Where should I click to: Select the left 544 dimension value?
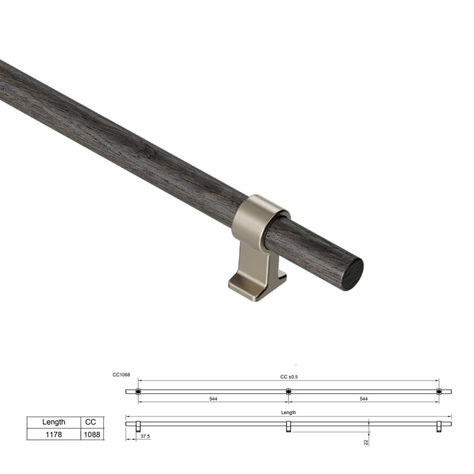click(x=213, y=399)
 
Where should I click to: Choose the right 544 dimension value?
click(x=363, y=399)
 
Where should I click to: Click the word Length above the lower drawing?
click(x=289, y=412)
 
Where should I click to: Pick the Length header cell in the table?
click(x=54, y=422)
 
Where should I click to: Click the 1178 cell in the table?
click(x=54, y=434)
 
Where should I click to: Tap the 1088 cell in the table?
click(x=92, y=434)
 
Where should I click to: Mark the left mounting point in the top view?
click(x=138, y=391)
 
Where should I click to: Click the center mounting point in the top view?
click(x=289, y=391)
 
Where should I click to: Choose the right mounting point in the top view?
click(x=438, y=391)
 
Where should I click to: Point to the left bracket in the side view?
click(x=138, y=427)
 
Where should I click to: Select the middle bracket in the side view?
click(x=289, y=427)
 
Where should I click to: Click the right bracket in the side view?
click(x=438, y=427)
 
